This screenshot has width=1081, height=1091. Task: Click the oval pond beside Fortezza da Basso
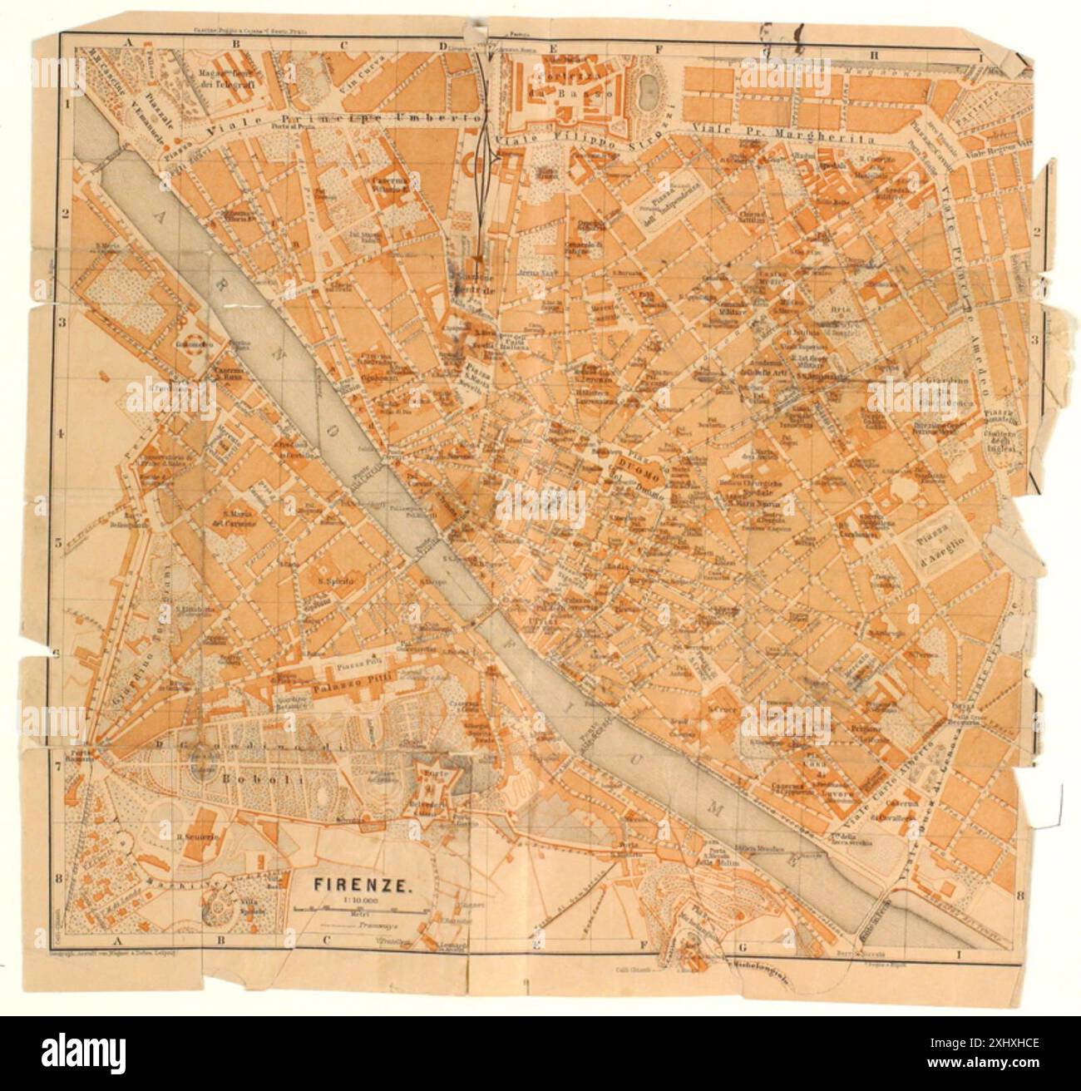(x=649, y=88)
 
